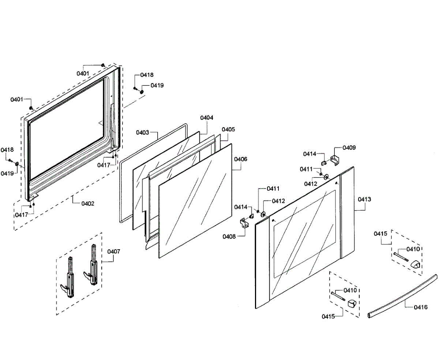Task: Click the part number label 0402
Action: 88,204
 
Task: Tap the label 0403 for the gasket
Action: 142,132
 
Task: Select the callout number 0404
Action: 207,118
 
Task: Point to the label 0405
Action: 228,129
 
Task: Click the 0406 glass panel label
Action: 240,159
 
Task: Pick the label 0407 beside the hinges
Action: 113,251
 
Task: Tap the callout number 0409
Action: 349,148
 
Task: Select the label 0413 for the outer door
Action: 364,199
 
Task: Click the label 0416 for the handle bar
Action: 421,307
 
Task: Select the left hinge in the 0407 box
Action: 70,278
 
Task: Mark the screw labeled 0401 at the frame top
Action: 103,65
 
